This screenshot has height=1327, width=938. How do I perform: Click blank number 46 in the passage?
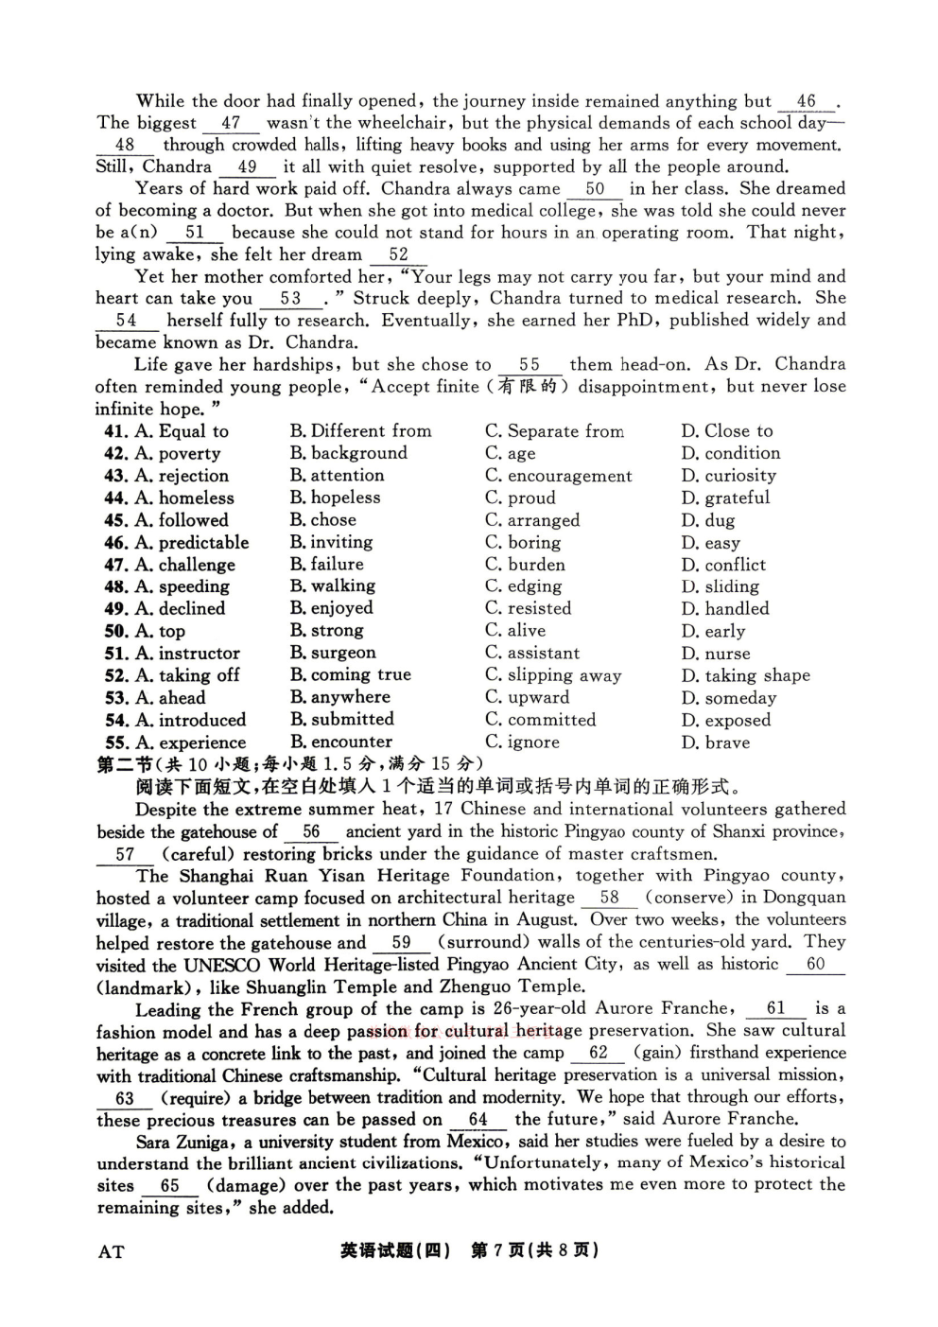pos(806,101)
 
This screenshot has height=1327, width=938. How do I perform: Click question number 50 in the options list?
pos(116,631)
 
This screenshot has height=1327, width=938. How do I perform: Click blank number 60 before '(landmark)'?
pos(815,964)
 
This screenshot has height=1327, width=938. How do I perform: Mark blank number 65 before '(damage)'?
pos(169,1185)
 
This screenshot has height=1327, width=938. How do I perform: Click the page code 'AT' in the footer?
pos(111,1252)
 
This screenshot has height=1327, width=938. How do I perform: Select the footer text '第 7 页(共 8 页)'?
pos(534,1250)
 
